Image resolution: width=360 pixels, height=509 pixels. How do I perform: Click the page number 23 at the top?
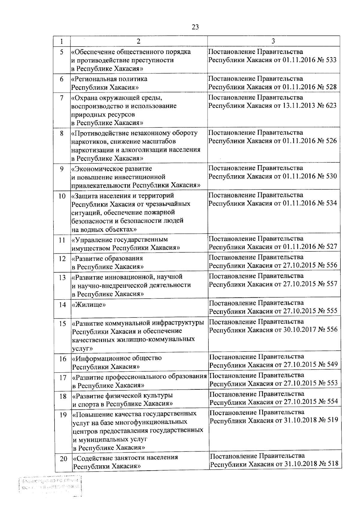click(x=195, y=27)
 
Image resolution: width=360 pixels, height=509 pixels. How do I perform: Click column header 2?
click(x=138, y=41)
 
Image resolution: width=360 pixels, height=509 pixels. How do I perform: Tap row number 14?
click(x=62, y=305)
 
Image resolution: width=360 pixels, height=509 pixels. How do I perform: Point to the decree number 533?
click(x=331, y=60)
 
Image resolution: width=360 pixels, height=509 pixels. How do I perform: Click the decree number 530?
click(x=331, y=176)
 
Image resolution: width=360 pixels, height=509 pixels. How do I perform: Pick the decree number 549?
click(x=332, y=365)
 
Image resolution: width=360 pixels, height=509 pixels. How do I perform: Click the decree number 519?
click(x=332, y=420)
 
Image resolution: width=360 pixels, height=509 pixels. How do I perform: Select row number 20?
click(x=63, y=459)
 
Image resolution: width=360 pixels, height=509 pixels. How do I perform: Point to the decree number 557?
click(x=331, y=284)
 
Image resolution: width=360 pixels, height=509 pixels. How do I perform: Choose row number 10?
click(x=62, y=196)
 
